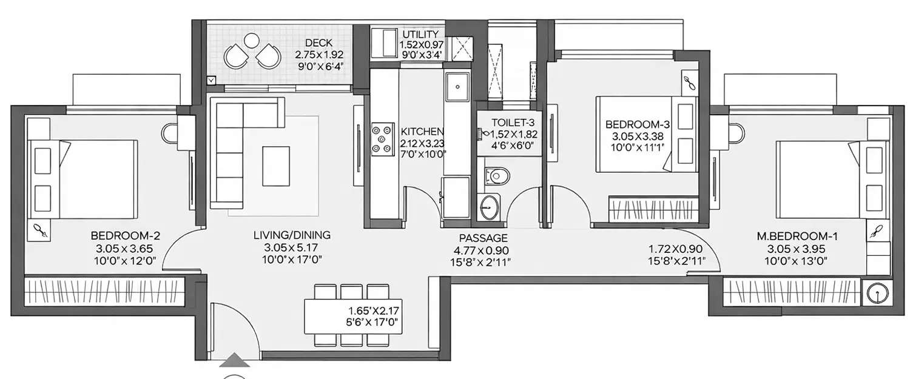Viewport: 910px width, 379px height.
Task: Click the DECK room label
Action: (x=317, y=42)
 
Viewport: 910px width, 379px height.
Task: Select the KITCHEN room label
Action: (x=422, y=132)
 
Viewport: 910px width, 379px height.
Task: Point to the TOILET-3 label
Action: (x=508, y=122)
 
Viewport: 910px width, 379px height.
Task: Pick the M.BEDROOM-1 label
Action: (x=794, y=236)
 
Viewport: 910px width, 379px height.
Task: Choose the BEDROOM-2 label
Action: (x=125, y=235)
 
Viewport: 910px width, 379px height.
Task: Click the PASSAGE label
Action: (x=483, y=238)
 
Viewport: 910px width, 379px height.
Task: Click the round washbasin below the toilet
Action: (x=487, y=208)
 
